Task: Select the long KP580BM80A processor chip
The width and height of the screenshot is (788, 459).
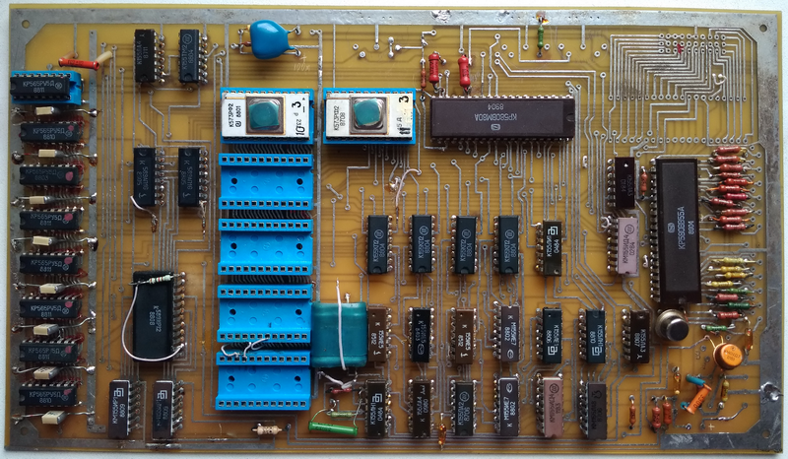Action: [501, 116]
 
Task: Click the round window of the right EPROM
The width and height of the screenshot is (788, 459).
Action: [367, 113]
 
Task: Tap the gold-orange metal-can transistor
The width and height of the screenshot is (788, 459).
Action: [727, 354]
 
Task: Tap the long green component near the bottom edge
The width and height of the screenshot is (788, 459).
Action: [332, 427]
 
